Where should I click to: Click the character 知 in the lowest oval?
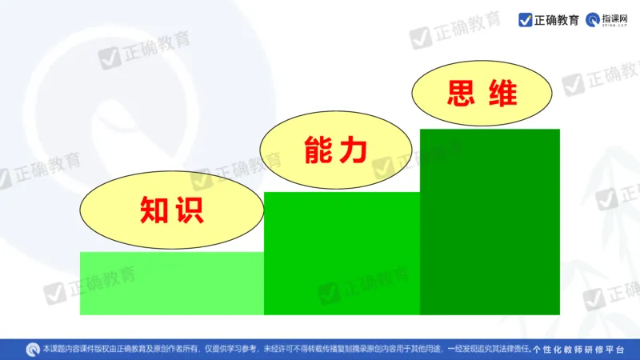pyautogui.click(x=153, y=210)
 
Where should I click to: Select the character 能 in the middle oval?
pyautogui.click(x=318, y=150)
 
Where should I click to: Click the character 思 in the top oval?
pyautogui.click(x=462, y=94)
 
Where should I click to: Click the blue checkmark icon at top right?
pyautogui.click(x=526, y=20)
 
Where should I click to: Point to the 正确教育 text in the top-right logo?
pyautogui.click(x=558, y=20)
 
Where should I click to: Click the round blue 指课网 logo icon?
pyautogui.click(x=594, y=19)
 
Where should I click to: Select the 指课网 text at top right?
pyautogui.click(x=616, y=16)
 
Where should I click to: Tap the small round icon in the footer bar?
pyautogui.click(x=33, y=349)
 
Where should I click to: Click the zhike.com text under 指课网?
pyautogui.click(x=616, y=26)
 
